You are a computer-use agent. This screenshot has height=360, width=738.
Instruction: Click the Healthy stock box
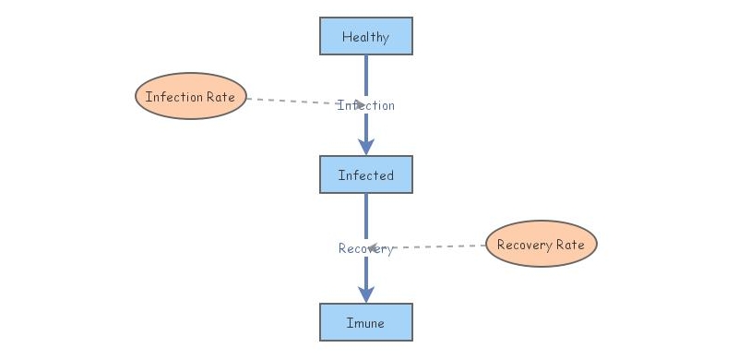366,37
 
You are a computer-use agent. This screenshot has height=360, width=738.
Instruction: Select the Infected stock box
366,175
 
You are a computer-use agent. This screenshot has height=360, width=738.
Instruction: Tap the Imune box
366,323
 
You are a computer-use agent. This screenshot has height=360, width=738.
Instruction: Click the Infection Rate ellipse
191,97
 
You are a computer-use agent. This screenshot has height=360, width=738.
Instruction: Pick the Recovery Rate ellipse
541,245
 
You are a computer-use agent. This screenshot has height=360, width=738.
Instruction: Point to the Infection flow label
366,105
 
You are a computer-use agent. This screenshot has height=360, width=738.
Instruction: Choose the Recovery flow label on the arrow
366,248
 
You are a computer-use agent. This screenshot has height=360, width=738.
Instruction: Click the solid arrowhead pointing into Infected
366,146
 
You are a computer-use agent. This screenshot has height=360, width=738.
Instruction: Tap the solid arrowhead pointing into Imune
366,294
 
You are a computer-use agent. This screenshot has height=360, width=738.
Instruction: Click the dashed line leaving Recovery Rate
443,246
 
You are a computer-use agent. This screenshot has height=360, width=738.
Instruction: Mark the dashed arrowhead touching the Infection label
358,104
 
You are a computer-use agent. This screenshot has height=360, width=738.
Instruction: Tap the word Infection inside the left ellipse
175,97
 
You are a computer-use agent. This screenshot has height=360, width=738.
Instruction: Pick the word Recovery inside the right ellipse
523,245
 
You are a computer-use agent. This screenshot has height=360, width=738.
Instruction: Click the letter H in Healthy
346,37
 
